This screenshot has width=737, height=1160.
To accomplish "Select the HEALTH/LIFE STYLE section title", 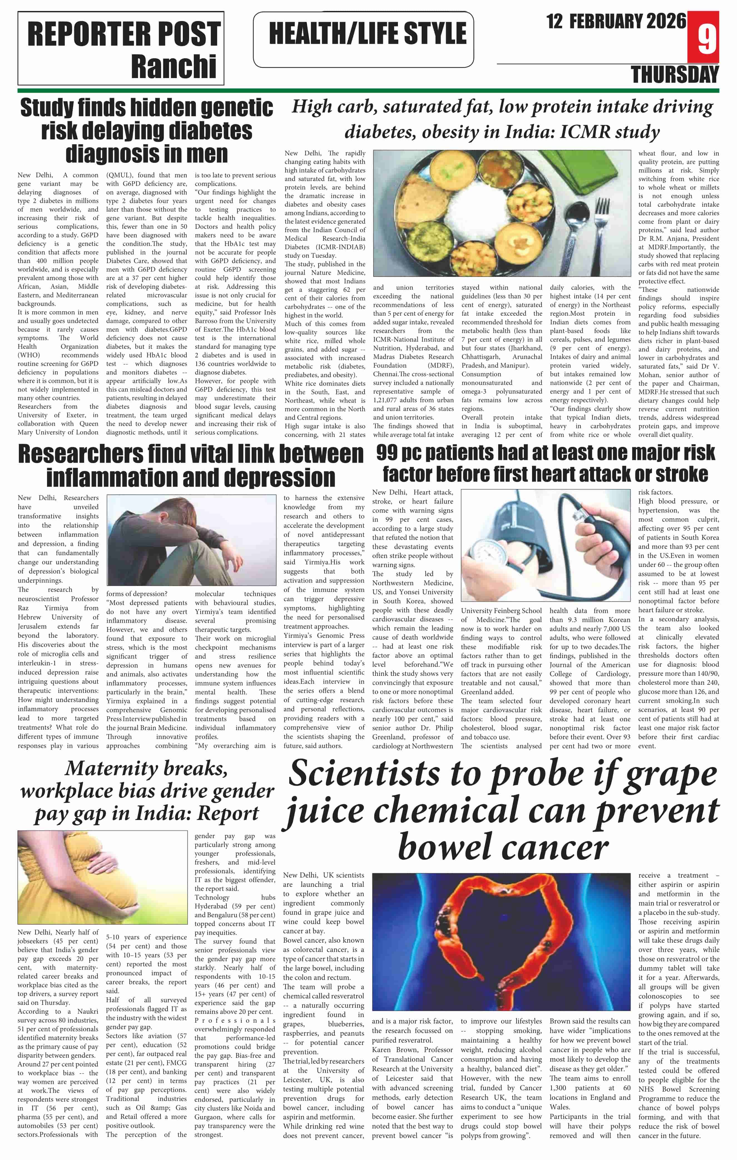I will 367,34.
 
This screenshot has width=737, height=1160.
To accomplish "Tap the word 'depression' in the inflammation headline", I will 280,478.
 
